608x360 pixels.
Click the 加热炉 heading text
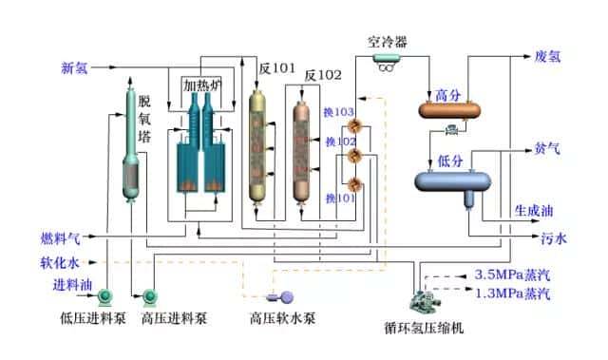[201, 84]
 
